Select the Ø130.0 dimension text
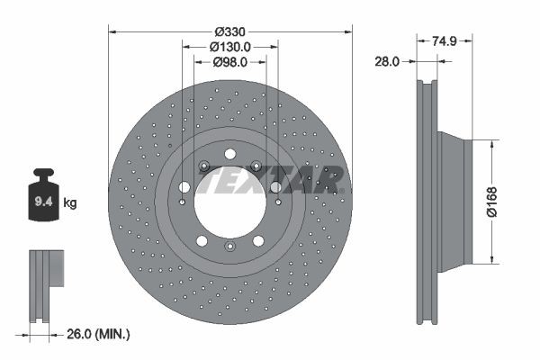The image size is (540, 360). (x=229, y=47)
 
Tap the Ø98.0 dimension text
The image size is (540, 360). (x=229, y=62)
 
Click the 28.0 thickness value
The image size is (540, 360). (x=388, y=61)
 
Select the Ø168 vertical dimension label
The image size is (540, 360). (x=517, y=202)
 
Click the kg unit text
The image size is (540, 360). (x=70, y=203)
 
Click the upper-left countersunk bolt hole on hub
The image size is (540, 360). (x=204, y=166)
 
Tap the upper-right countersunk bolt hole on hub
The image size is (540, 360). (x=256, y=166)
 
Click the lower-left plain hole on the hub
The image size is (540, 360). (x=201, y=241)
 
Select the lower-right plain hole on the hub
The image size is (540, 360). (x=260, y=241)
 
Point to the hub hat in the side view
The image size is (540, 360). (x=454, y=202)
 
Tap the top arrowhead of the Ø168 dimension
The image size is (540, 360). (x=492, y=143)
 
